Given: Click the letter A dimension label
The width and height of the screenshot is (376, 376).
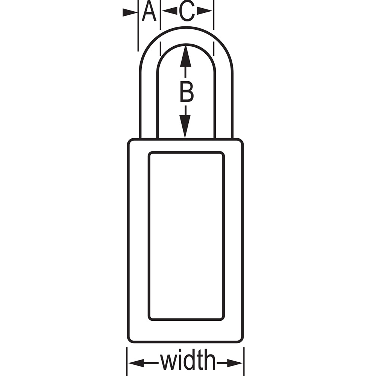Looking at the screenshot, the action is pyautogui.click(x=149, y=11).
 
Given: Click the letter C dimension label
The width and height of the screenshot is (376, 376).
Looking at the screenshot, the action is pyautogui.click(x=187, y=11).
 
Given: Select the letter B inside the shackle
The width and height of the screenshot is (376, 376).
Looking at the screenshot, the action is pyautogui.click(x=186, y=92).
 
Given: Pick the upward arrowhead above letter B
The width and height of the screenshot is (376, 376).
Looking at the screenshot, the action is pyautogui.click(x=185, y=56).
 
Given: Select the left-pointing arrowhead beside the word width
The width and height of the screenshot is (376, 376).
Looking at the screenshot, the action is pyautogui.click(x=136, y=363).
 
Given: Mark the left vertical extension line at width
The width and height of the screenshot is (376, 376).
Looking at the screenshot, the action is pyautogui.click(x=127, y=361).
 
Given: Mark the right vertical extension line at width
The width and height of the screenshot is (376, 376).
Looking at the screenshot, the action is pyautogui.click(x=244, y=361).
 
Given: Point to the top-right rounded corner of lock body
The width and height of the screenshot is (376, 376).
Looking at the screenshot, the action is pyautogui.click(x=241, y=141).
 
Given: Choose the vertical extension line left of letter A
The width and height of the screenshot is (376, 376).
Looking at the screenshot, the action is pyautogui.click(x=138, y=26).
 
